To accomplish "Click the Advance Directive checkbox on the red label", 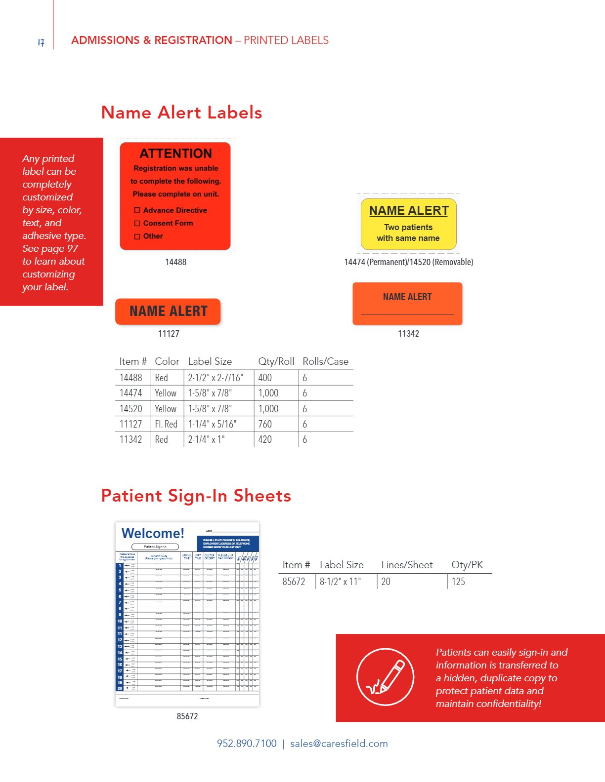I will pyautogui.click(x=137, y=210).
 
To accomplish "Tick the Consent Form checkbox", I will pyautogui.click(x=137, y=223).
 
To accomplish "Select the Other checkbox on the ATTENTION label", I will pyautogui.click(x=137, y=236).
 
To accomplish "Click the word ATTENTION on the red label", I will pyautogui.click(x=175, y=154).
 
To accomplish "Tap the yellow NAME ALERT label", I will pyautogui.click(x=409, y=224).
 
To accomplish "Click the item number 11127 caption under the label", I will pyautogui.click(x=169, y=334).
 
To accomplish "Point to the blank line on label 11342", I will pyautogui.click(x=407, y=313).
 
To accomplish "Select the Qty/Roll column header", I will pyautogui.click(x=276, y=361).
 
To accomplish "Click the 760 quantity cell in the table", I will pyautogui.click(x=265, y=424).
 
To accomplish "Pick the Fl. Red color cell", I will pyautogui.click(x=166, y=424).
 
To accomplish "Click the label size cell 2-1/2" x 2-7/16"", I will pyautogui.click(x=216, y=378).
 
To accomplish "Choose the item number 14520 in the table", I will pyautogui.click(x=130, y=409).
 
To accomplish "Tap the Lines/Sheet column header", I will pyautogui.click(x=407, y=565).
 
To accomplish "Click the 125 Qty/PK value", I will pyautogui.click(x=458, y=582).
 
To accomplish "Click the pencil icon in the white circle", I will pyautogui.click(x=386, y=677).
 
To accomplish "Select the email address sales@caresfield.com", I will pyautogui.click(x=339, y=743).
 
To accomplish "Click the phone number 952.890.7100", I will pyautogui.click(x=247, y=743).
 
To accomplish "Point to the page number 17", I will pyautogui.click(x=41, y=42).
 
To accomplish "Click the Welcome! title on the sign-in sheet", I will pyautogui.click(x=153, y=533).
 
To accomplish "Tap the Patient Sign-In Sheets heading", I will pyautogui.click(x=196, y=495).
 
